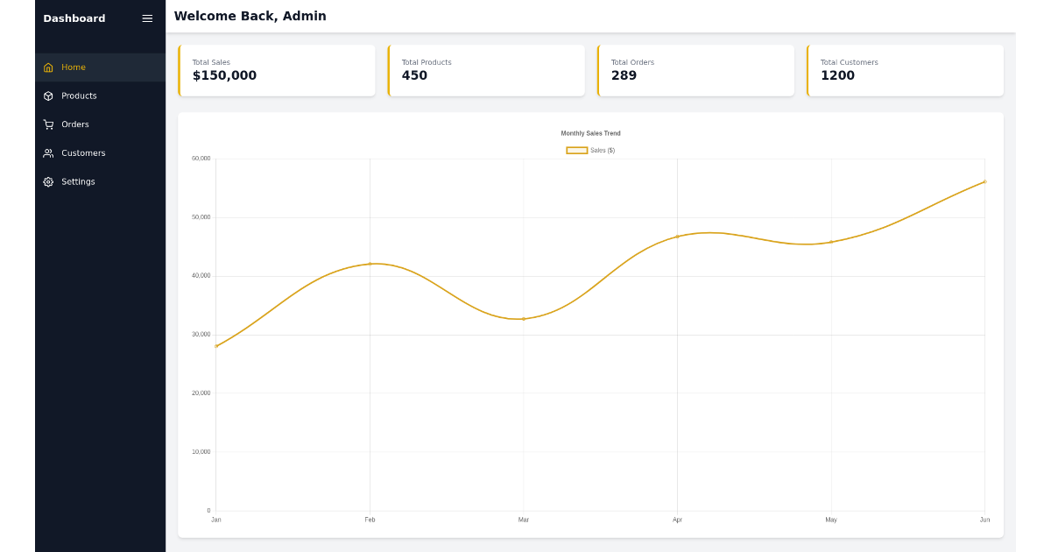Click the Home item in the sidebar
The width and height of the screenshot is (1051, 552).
(x=74, y=67)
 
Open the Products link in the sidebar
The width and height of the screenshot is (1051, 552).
(x=79, y=96)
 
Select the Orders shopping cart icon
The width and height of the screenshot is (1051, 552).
(x=48, y=124)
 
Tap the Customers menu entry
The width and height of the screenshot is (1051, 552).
(x=83, y=153)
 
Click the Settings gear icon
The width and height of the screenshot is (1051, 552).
(x=48, y=182)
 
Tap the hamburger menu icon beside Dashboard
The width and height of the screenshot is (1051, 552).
(x=147, y=18)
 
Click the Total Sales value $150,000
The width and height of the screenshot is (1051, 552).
(x=224, y=76)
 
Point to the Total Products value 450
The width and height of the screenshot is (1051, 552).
(x=414, y=76)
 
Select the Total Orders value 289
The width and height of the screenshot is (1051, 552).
(x=624, y=76)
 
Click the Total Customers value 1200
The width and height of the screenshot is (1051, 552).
(x=837, y=76)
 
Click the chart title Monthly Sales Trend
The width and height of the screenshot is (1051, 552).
(x=590, y=133)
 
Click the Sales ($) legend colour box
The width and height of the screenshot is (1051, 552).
(x=577, y=151)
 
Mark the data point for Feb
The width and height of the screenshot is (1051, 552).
(x=370, y=264)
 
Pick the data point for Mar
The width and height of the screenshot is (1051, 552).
(x=524, y=319)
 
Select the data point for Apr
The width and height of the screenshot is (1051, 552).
(x=677, y=237)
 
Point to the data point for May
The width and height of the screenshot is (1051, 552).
(x=831, y=242)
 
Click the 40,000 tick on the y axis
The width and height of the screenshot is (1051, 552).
(x=201, y=276)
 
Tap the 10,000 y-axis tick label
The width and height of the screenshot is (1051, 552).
(x=201, y=452)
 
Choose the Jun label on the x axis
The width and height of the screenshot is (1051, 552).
(x=984, y=520)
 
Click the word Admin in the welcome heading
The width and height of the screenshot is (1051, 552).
(x=304, y=17)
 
